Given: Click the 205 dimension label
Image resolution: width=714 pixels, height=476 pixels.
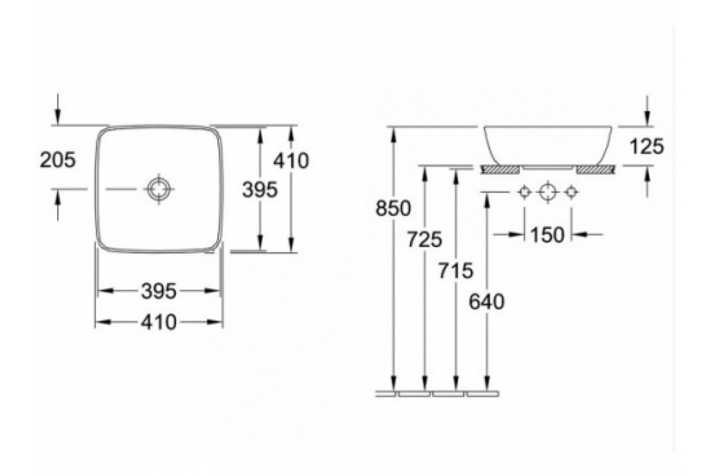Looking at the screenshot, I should click(58, 159).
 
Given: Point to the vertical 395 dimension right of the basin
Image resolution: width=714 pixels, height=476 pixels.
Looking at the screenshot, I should click(260, 190).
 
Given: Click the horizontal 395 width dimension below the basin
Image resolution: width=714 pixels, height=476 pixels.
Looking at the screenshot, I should click(159, 291).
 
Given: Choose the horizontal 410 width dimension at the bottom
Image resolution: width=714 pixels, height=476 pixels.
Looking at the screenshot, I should click(159, 322).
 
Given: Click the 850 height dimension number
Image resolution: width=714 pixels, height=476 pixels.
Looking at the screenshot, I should click(393, 208).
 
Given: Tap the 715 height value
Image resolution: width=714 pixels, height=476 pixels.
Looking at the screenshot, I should click(455, 270).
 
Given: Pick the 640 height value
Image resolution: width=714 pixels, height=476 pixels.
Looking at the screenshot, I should click(487, 302).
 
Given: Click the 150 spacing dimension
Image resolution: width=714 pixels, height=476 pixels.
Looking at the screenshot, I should click(547, 235).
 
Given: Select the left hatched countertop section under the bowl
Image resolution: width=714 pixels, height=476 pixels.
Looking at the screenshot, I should click(501, 170).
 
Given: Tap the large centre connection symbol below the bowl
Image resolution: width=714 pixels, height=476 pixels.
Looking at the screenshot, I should click(547, 192).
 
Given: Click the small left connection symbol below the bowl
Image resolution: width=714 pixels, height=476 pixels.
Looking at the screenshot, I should click(524, 192).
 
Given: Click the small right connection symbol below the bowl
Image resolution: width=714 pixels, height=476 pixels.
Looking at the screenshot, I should click(571, 192).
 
